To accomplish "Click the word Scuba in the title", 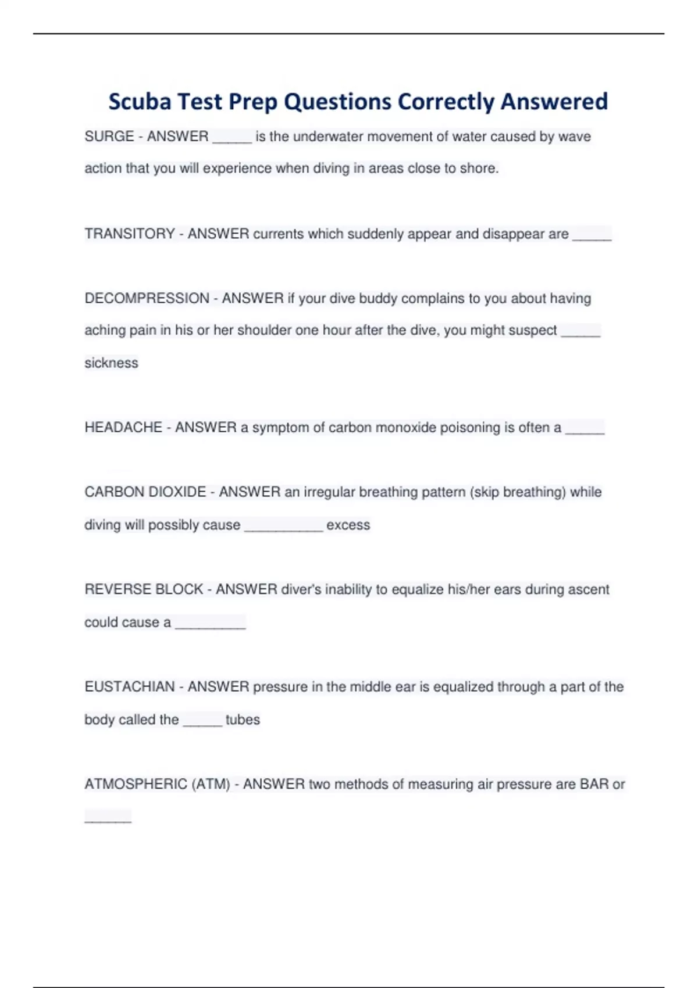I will point(140,102).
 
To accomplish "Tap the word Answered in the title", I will point(554,102).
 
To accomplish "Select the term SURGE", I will point(109,137).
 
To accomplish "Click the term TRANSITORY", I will point(130,234).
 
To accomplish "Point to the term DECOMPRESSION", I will point(147,298).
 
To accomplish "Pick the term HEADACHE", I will point(123,428).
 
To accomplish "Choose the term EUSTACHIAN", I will point(129,687).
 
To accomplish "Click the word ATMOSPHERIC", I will point(136,784).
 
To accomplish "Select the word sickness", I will point(111,363).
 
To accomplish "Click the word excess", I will point(348,525).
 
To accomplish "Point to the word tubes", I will point(243,719).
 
